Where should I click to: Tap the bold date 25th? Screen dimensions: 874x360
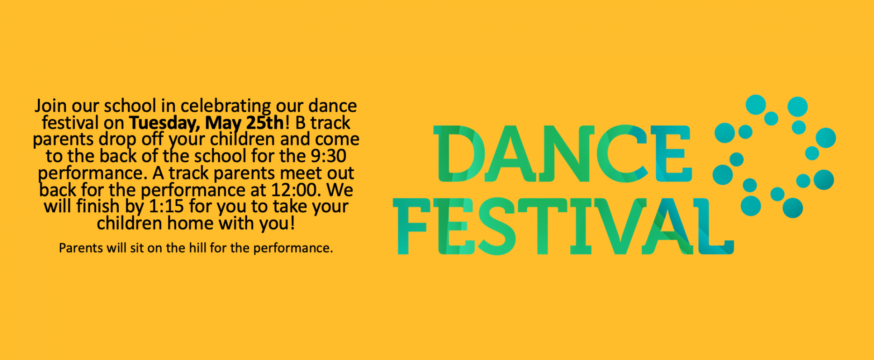(265, 122)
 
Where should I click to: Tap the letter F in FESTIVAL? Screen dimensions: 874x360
(410, 226)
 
